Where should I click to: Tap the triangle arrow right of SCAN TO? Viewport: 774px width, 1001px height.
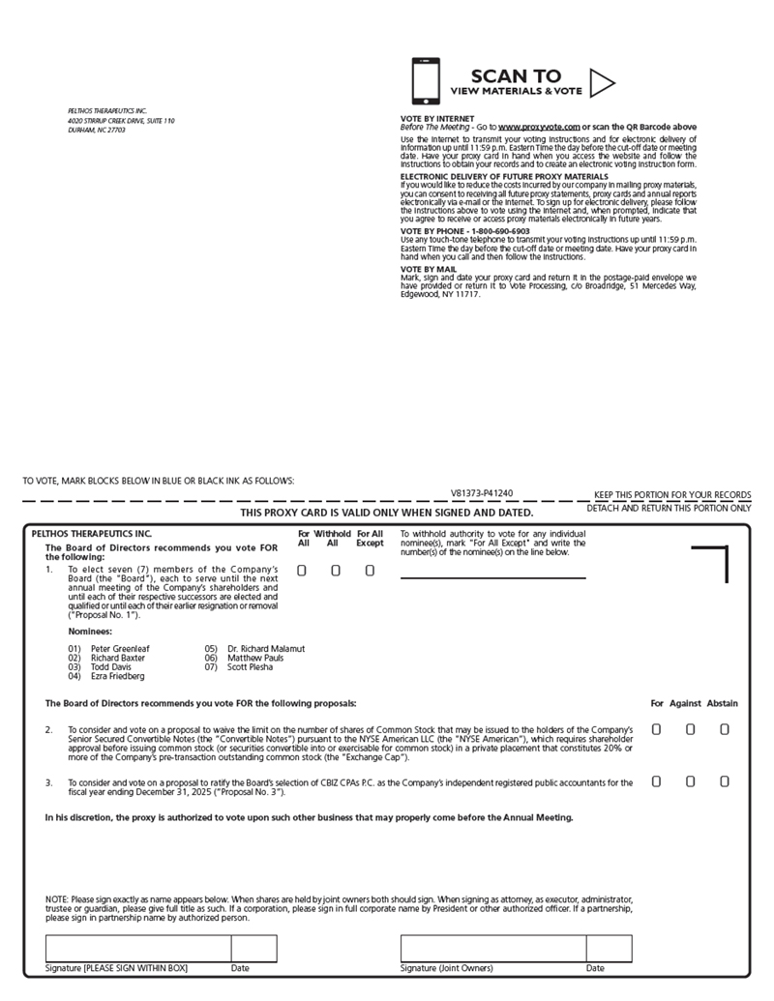(x=602, y=83)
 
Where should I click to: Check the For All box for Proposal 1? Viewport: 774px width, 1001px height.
(x=302, y=571)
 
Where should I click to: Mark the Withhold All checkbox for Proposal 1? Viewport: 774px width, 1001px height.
(x=336, y=571)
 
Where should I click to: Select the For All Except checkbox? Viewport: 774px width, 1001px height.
(x=370, y=571)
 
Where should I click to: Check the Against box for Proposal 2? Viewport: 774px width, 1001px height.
(x=691, y=729)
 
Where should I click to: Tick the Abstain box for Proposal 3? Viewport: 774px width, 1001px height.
(x=725, y=781)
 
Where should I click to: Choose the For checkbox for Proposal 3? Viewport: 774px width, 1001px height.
(x=656, y=781)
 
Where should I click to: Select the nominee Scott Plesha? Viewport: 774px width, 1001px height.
(x=250, y=666)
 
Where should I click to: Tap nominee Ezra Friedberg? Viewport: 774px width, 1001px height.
(x=117, y=676)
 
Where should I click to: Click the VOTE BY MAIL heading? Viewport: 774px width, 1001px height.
(x=429, y=269)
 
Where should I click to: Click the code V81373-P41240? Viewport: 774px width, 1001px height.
(x=482, y=493)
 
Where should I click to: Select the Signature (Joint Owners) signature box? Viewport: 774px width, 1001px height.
(x=492, y=948)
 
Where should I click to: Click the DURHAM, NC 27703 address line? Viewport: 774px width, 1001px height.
(x=97, y=130)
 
